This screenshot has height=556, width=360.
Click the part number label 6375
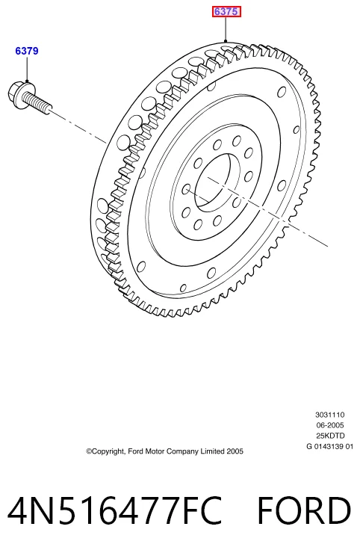coord(226,12)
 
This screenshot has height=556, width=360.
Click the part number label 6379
coord(27,51)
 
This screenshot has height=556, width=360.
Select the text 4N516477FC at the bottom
coord(115,511)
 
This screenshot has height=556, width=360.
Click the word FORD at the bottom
coord(304,511)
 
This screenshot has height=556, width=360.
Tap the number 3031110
coord(330,415)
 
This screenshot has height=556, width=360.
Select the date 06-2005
coord(330,425)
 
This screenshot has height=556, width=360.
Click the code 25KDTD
coord(330,436)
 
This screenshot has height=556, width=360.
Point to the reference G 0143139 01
coord(330,446)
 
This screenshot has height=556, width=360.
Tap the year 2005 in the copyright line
coord(235,451)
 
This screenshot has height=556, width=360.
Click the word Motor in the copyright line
coord(155,451)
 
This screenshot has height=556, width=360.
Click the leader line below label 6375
coord(226,29)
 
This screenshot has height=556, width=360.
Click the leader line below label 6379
coord(27,69)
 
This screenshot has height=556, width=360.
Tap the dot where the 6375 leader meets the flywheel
coord(226,42)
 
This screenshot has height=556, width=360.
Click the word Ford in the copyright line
coord(135,451)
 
